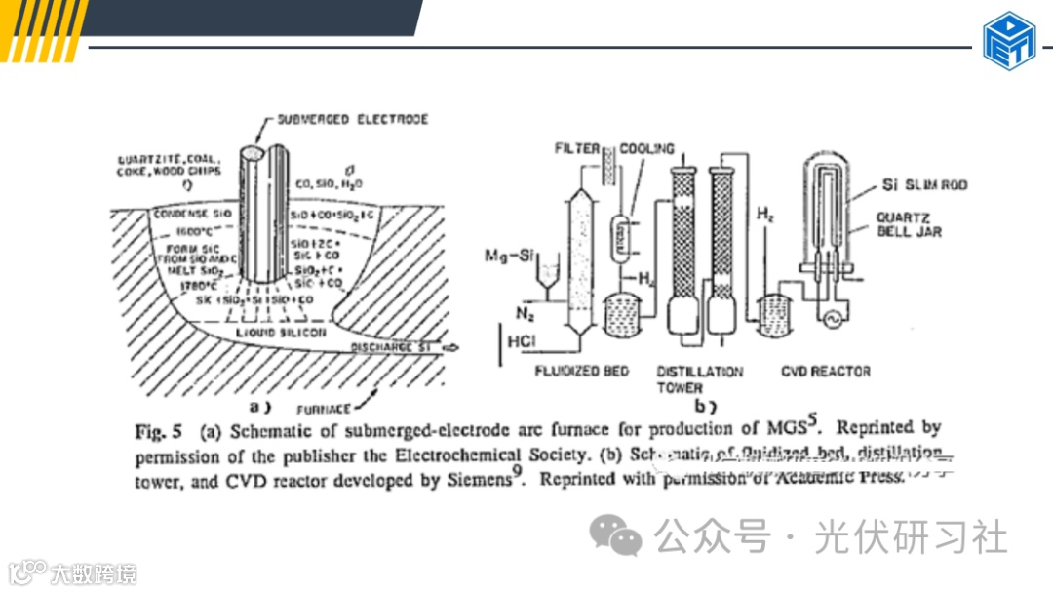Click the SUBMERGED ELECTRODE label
tap(352, 119)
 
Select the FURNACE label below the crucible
tap(325, 410)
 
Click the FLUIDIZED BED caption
tap(582, 371)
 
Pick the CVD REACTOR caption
tap(827, 371)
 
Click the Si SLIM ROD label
tap(924, 184)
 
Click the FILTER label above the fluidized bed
tap(577, 149)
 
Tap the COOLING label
tap(646, 149)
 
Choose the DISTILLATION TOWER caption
tap(699, 379)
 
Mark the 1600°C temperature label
tap(196, 231)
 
